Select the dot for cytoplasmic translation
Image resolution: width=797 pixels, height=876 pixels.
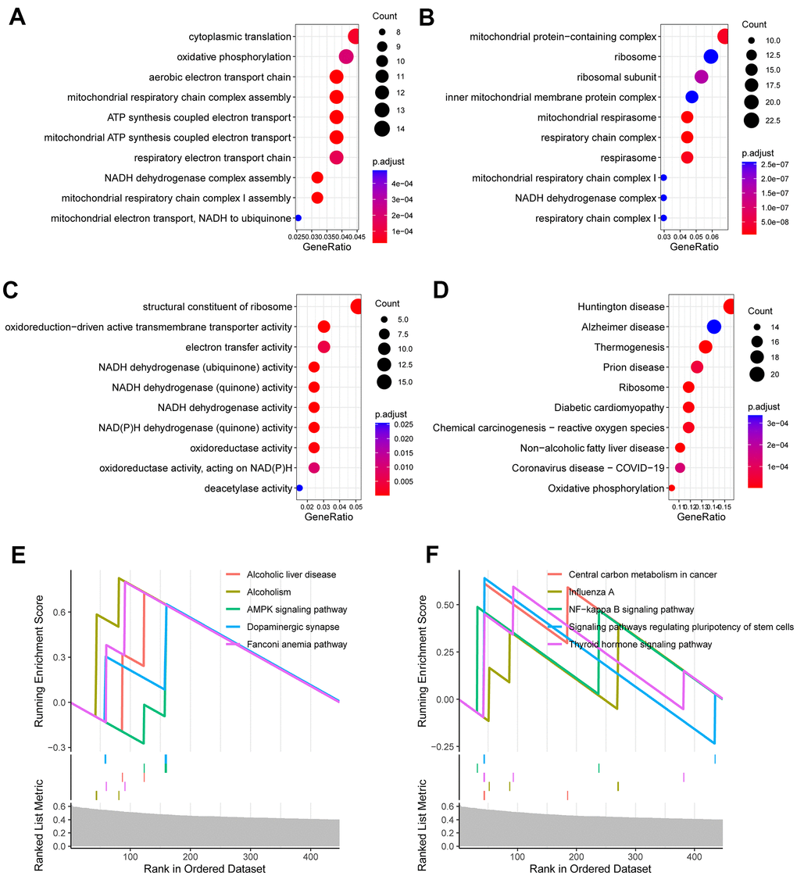point(354,37)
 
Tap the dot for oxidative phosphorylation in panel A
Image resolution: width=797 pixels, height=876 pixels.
point(346,57)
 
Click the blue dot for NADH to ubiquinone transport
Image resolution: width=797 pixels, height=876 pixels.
point(298,218)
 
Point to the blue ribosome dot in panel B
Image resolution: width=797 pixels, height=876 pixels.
point(710,56)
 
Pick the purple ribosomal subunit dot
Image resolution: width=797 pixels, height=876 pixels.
point(701,77)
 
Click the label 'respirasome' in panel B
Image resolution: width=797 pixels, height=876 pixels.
point(631,158)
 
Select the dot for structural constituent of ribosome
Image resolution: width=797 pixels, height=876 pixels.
point(357,306)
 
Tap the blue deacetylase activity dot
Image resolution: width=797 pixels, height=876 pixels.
point(298,488)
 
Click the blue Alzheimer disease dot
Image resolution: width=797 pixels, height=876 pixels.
point(713,327)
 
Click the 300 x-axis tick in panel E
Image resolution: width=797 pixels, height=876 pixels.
point(250,856)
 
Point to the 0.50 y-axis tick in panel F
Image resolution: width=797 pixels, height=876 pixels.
point(443,605)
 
